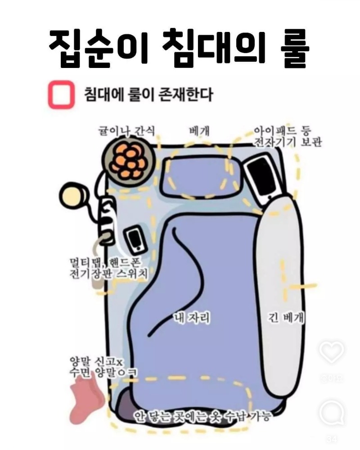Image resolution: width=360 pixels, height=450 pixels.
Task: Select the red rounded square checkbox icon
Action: (60, 95)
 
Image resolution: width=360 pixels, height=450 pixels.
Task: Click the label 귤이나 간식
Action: (127, 131)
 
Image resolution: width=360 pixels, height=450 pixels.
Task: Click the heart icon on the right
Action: (332, 352)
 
